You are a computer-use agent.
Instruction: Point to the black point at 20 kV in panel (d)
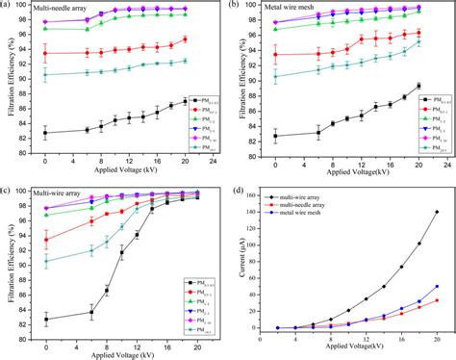pos(437,212)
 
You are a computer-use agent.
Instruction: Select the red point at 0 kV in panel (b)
pos(274,53)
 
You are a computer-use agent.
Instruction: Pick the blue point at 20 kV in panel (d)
pos(437,286)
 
